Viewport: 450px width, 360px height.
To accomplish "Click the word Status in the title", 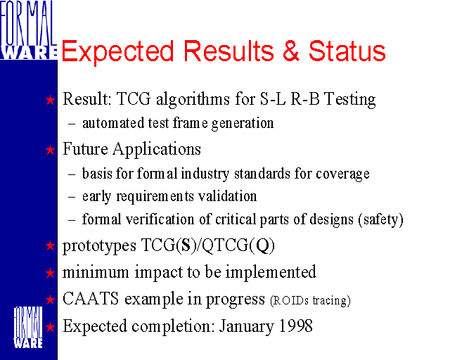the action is [347, 51].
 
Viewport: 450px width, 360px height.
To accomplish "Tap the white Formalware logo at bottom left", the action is [28, 328].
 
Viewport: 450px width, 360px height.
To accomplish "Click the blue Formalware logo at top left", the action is [28, 30].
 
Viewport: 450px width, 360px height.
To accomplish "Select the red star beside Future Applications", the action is [50, 150].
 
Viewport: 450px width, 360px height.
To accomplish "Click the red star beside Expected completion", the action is [50, 327].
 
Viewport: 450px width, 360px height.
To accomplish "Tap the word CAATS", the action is [91, 299].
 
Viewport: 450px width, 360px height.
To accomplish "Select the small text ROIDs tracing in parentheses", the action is [310, 300].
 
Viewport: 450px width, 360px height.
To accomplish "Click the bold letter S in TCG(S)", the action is [186, 245].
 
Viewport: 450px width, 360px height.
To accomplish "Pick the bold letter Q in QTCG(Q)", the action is [262, 245].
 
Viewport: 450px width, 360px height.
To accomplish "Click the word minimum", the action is [96, 272].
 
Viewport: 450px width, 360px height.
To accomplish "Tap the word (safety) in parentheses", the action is [380, 219].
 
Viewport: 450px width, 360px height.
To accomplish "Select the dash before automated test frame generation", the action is [72, 124].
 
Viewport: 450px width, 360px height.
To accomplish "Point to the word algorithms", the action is [193, 99].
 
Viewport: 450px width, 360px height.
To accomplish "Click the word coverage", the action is [342, 174].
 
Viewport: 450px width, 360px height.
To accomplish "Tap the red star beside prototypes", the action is [50, 245].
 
